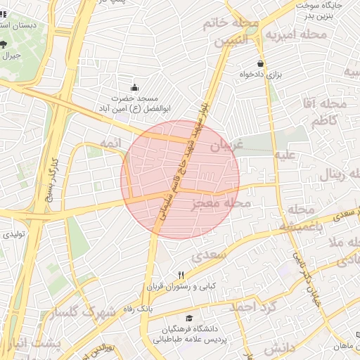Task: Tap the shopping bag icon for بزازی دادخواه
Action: (x=261, y=63)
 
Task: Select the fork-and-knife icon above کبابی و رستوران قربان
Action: (x=181, y=275)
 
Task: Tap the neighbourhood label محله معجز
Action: (x=221, y=205)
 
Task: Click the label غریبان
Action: (x=226, y=145)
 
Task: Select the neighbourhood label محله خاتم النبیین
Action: (x=231, y=32)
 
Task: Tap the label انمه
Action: (x=111, y=142)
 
